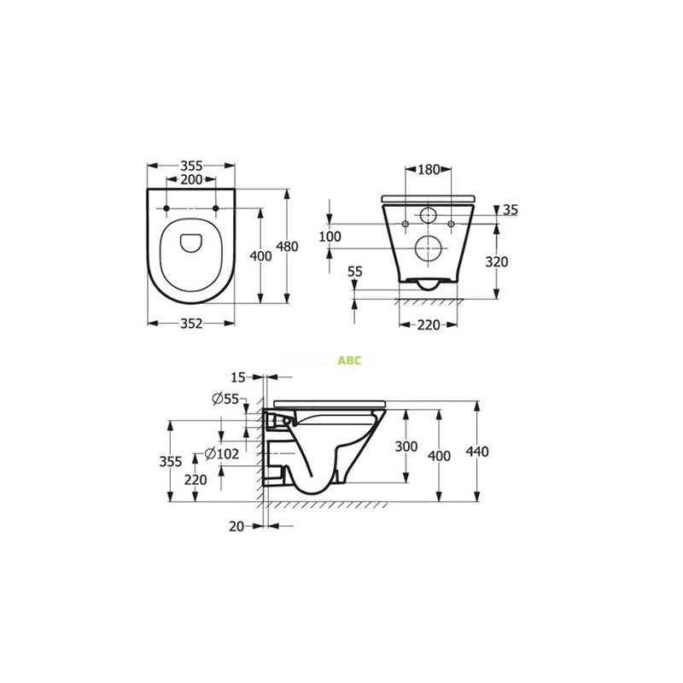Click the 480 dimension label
click(287, 247)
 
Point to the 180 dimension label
click(429, 169)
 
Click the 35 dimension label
click(511, 210)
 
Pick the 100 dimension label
click(330, 236)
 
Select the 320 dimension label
click(495, 262)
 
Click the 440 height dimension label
click(477, 451)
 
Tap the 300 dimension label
click(406, 447)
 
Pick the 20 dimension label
click(237, 527)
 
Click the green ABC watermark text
click(350, 360)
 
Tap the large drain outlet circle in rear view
click(428, 248)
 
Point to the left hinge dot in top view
click(165, 207)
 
